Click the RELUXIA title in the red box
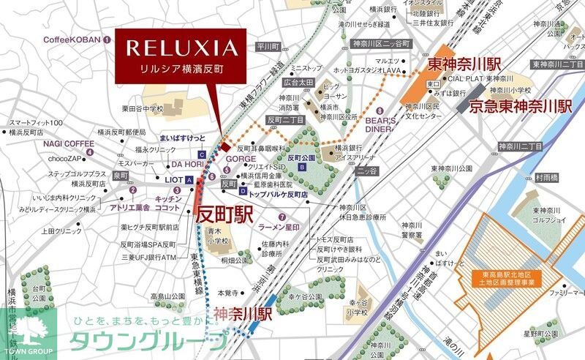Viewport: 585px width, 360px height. pos(181,49)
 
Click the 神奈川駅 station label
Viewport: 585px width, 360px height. pos(244,314)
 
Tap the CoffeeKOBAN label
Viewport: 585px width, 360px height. pos(72,40)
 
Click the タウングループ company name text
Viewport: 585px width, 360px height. pos(147,342)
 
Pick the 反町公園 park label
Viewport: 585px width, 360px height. pos(301,157)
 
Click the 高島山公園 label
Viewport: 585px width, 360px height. pos(168,296)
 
